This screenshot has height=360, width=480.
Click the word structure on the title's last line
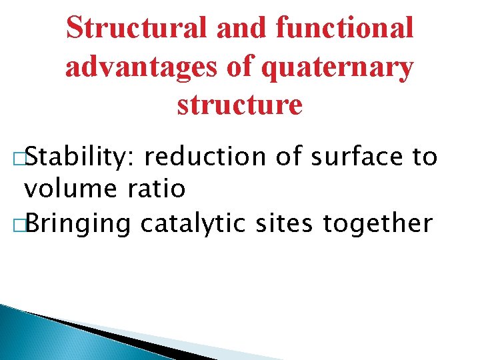pos(239,105)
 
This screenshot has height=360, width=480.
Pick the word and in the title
pos(241,28)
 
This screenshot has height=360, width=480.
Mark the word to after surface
pos(425,157)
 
